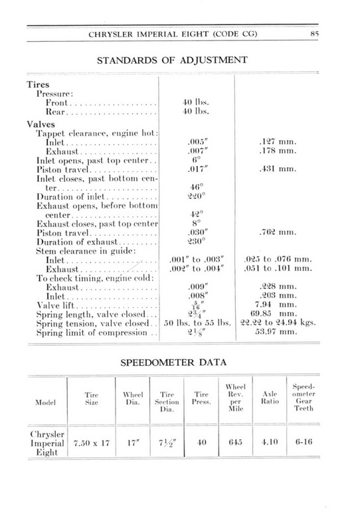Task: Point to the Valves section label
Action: pos(40,123)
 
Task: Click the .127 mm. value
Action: pos(274,142)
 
